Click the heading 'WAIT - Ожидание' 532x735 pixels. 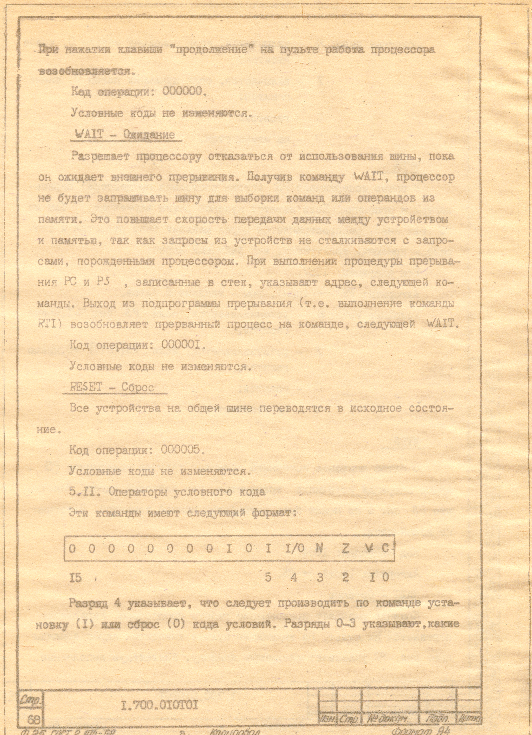(125, 134)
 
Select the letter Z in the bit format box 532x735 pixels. (345, 548)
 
